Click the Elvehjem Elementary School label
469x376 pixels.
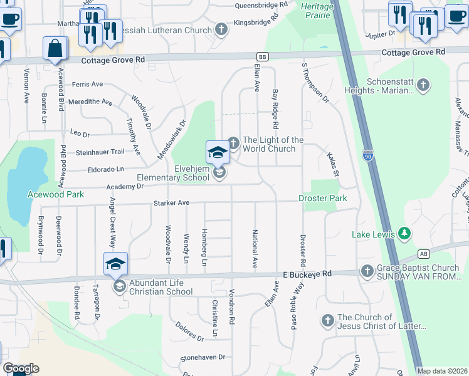point(173,173)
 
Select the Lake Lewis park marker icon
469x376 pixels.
point(405,234)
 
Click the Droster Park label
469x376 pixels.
point(322,198)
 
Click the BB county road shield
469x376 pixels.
point(262,56)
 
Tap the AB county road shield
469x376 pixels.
point(424,254)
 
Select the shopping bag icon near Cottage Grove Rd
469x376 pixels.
point(55,48)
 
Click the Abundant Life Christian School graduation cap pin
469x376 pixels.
point(116,264)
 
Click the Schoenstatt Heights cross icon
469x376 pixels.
point(423,85)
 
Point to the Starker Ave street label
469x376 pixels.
point(172,203)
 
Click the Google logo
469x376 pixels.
point(21,368)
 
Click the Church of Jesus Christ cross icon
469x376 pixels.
point(327,321)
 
